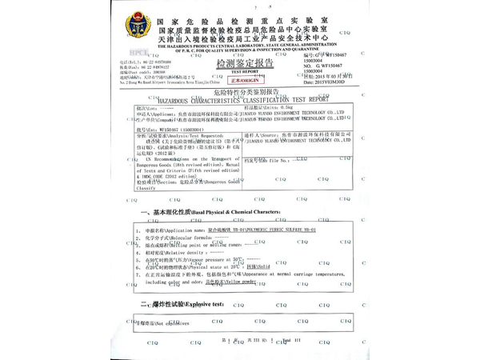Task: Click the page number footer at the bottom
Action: click(x=240, y=342)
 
